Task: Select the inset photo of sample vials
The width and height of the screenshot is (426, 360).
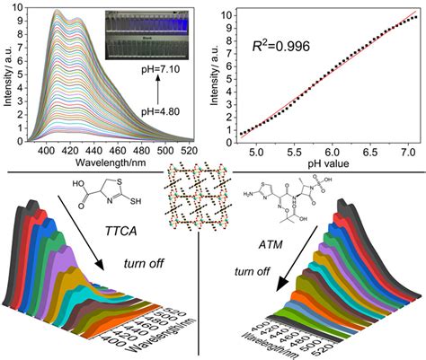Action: click(151, 28)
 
